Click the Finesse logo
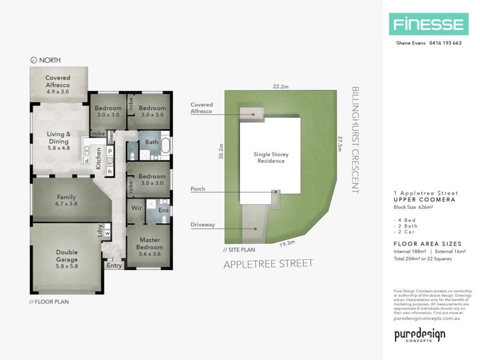click(x=427, y=25)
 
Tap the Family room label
click(x=66, y=200)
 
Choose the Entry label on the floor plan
click(x=113, y=265)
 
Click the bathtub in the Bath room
click(x=166, y=146)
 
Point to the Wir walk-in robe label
click(x=137, y=209)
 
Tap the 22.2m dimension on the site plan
click(x=280, y=86)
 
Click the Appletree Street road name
click(x=268, y=263)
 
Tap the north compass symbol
click(x=33, y=60)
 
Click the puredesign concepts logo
click(x=419, y=335)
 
